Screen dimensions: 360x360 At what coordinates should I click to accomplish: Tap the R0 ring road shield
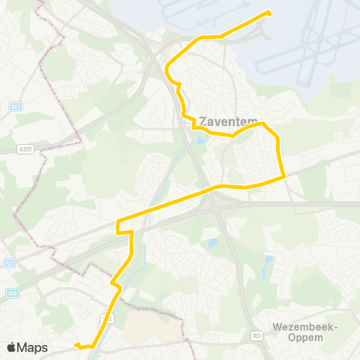pos(257,335)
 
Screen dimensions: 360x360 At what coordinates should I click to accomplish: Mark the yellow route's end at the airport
pos(268,13)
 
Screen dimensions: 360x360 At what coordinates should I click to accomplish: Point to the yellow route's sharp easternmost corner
pos(284,177)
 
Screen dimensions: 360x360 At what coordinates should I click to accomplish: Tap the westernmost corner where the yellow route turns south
pos(118,222)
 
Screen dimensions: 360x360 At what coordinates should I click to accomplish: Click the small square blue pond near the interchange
pos(213,243)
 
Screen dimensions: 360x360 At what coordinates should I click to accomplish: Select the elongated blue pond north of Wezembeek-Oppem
pos(268,264)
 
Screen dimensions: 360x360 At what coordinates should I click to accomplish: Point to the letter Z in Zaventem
pos(203,120)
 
